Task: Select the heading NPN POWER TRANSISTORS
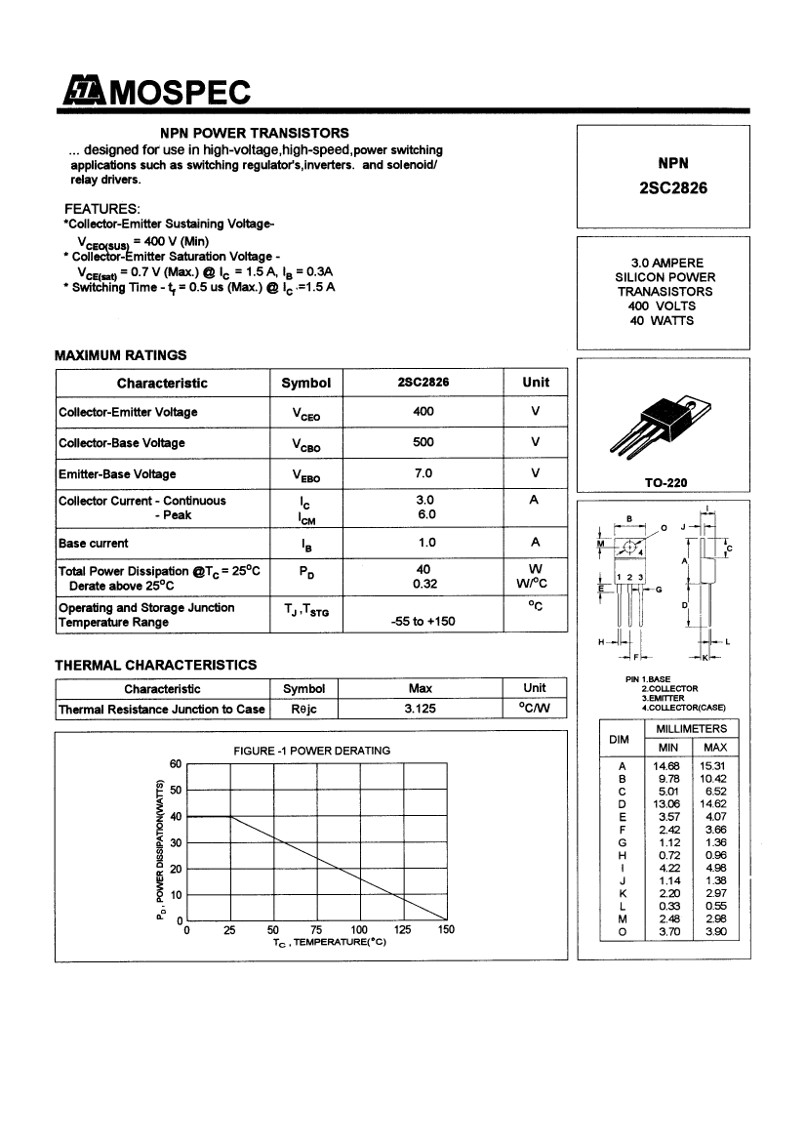coord(255,133)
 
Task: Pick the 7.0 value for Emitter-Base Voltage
coord(423,474)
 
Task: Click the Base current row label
coord(94,543)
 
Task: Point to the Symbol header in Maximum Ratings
coord(305,384)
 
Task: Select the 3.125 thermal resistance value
coord(420,710)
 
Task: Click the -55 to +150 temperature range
coord(423,622)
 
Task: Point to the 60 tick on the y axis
coord(177,764)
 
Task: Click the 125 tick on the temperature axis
coord(403,930)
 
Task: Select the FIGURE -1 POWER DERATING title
coord(311,751)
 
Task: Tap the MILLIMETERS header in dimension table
coord(691,729)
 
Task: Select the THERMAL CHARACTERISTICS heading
coord(156,665)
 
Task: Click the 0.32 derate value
coord(423,587)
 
